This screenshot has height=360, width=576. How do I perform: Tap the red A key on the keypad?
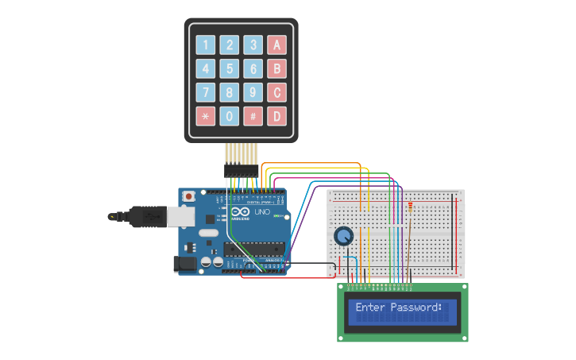pos(276,45)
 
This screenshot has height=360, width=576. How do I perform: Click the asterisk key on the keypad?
pos(206,116)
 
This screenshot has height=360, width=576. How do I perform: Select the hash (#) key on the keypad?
pos(253,116)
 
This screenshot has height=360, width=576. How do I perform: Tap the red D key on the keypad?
pos(276,116)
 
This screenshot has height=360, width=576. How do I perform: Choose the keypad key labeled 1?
pos(206,45)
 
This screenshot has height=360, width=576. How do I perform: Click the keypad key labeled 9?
pos(253,92)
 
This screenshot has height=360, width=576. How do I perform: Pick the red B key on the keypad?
pos(276,69)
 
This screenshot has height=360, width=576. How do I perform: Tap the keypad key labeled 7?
pos(206,92)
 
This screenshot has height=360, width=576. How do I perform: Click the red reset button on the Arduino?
pos(189,195)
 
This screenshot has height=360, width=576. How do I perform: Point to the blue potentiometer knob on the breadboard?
pos(343,236)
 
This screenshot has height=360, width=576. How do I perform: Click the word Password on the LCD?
pos(413,308)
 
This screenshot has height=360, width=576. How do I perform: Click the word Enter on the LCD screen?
pos(369,308)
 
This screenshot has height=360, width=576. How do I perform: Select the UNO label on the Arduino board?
pos(262,212)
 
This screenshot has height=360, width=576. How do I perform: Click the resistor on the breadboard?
pos(410,209)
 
